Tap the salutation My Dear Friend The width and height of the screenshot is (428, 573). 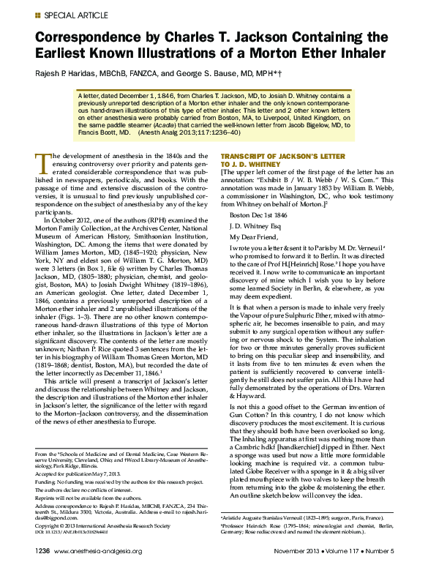[x=254, y=237]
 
